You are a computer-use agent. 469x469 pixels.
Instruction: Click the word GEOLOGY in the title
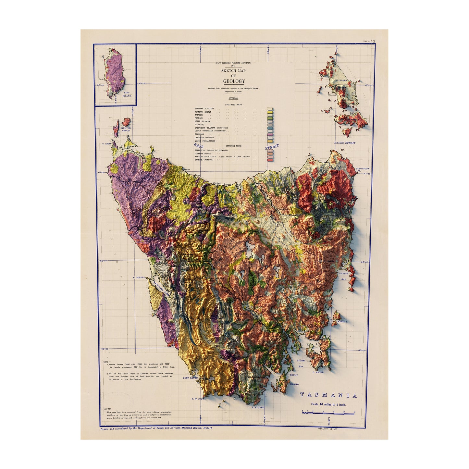point(234,81)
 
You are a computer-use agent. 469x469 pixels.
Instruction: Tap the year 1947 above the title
point(233,66)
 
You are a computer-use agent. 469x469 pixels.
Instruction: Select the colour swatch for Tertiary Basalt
point(269,112)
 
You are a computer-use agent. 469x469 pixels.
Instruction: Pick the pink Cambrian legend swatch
point(269,134)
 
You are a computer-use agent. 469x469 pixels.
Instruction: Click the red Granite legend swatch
point(269,159)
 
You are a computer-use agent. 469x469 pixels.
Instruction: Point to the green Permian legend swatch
point(269,118)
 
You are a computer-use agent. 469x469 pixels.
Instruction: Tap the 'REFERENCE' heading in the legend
point(233,98)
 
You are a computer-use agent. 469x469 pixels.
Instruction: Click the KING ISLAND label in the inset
point(127,94)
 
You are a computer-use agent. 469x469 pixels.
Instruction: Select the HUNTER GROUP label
point(126,129)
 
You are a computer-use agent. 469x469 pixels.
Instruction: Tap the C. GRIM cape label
point(106,143)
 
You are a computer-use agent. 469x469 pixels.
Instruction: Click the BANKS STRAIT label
point(345,143)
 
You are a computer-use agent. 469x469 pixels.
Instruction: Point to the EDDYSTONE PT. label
point(363,169)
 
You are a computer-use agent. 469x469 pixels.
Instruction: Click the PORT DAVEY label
point(190,378)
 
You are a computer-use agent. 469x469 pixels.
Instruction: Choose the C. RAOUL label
point(318,372)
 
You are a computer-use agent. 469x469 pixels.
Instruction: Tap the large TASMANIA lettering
point(328,395)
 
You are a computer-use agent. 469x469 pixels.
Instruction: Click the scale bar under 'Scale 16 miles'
point(328,413)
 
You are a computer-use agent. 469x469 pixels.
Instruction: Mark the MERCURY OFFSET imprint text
point(328,429)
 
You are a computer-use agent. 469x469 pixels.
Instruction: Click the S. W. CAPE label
point(198,399)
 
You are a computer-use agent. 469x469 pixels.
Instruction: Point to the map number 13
point(373,41)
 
